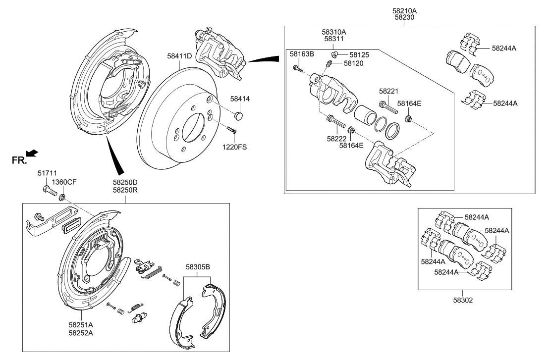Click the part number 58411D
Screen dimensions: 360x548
pos(179,56)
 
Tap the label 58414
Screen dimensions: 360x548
pos(240,99)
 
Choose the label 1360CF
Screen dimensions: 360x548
pos(65,182)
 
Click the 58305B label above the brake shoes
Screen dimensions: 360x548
pos(198,267)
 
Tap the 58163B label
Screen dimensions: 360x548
pos(302,53)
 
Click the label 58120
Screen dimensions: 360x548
pos(353,63)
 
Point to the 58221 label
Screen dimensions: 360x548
pos(389,91)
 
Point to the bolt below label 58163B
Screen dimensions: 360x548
pos(297,68)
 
